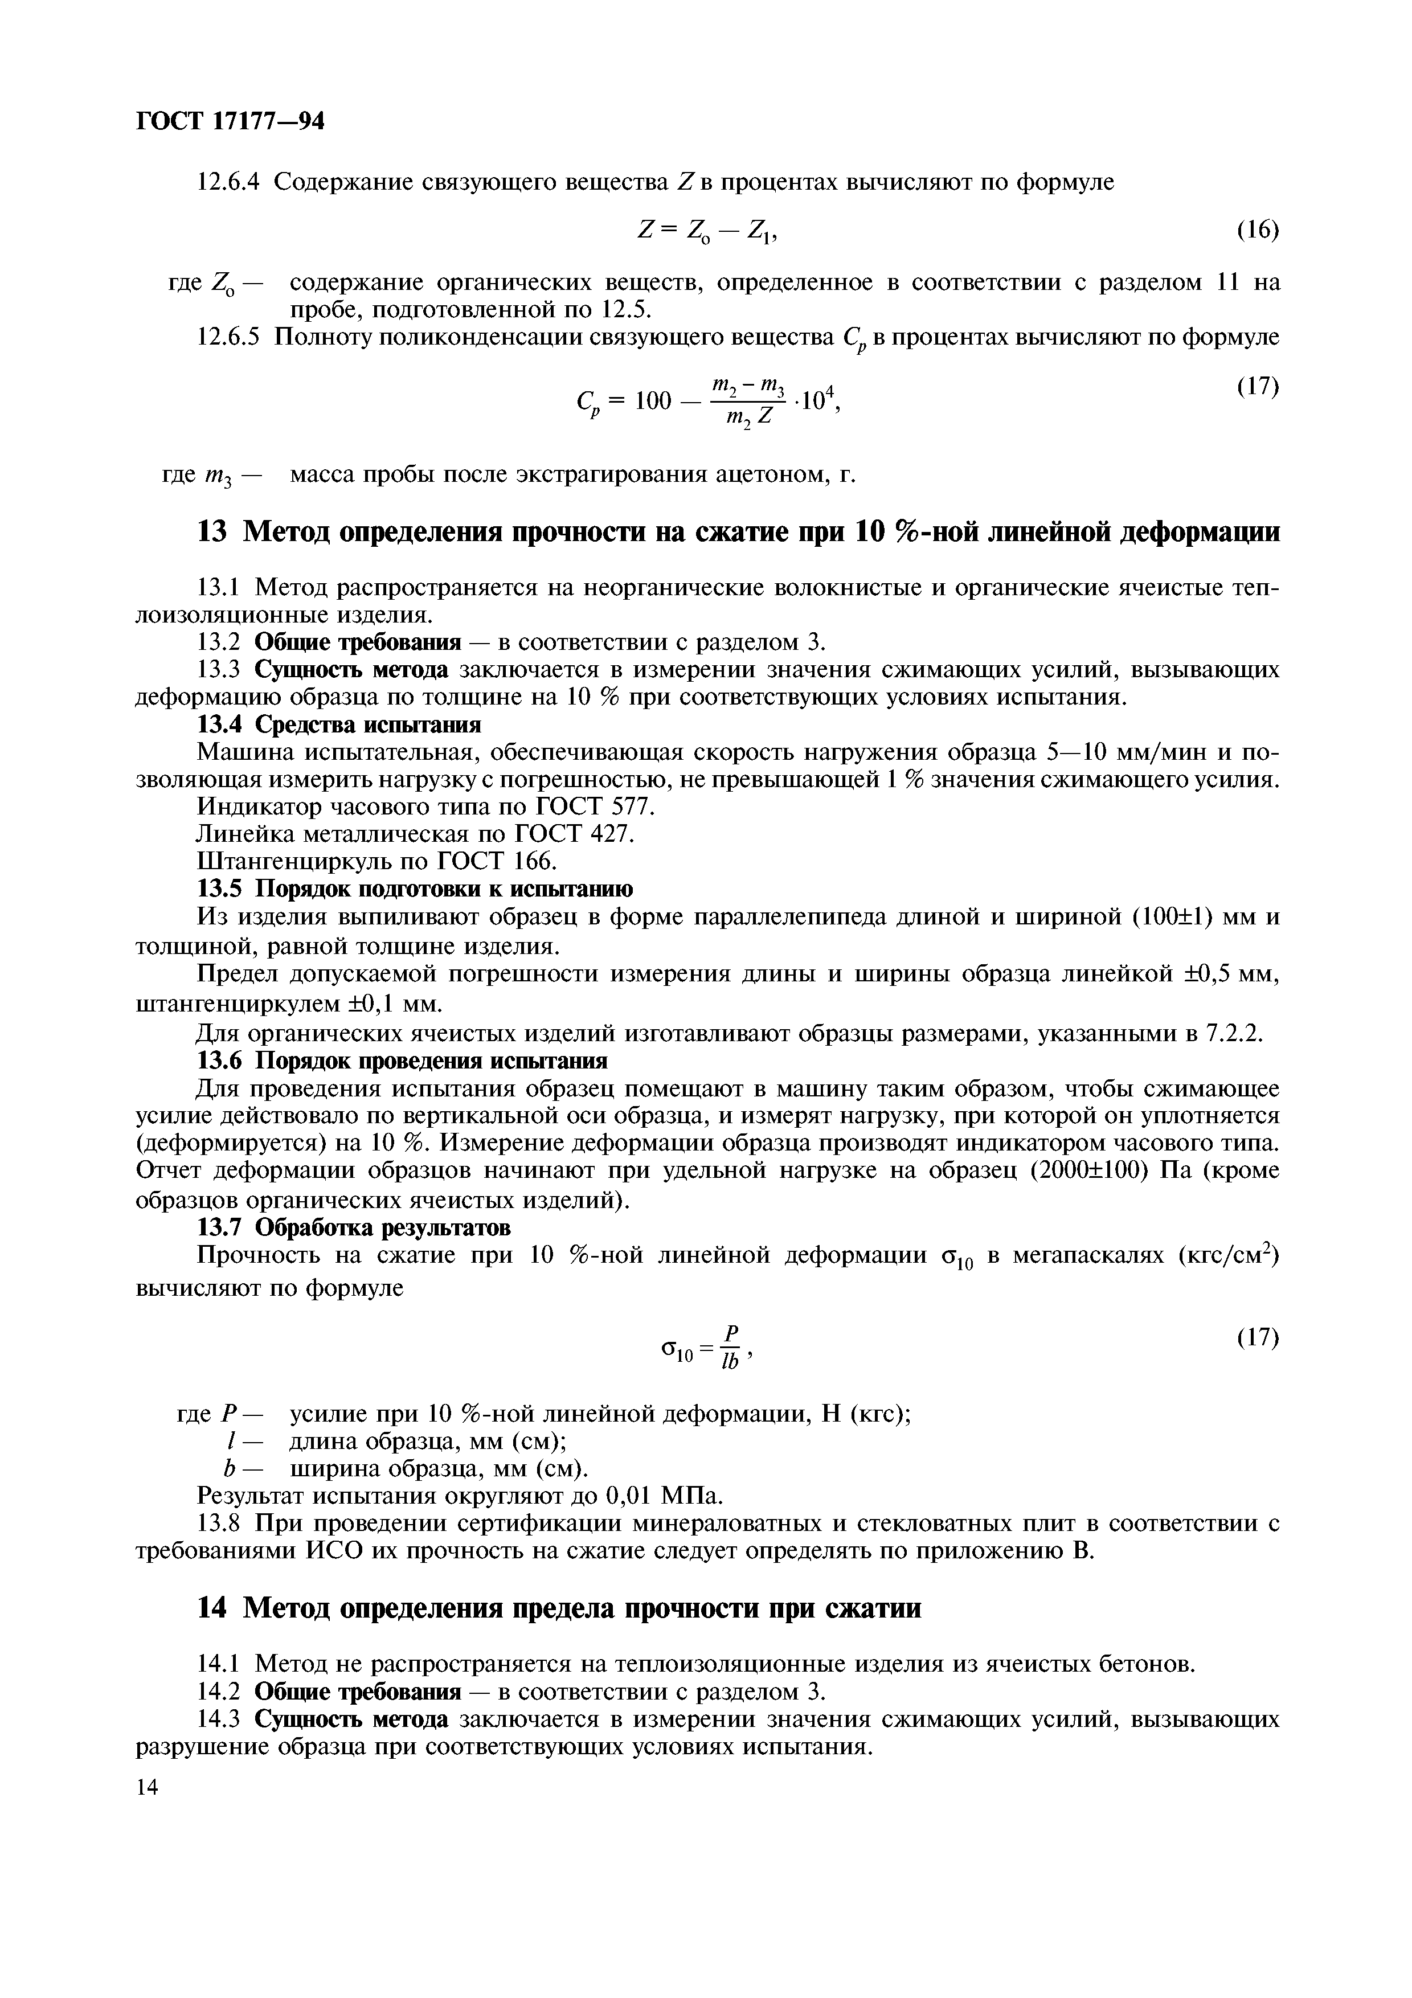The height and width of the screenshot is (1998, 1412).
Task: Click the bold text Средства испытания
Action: (x=367, y=725)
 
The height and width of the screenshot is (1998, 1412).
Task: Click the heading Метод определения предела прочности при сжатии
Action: (x=580, y=1609)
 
